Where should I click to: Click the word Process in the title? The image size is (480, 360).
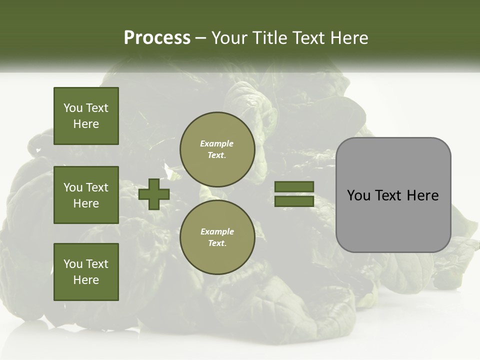point(157,38)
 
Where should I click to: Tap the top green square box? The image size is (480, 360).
point(86,116)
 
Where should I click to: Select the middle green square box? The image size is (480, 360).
point(86,195)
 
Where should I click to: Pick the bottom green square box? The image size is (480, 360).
point(86,272)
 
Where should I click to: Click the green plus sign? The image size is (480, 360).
point(154,194)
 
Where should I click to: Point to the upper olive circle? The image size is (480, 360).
point(217,149)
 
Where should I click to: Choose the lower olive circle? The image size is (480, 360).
point(217,237)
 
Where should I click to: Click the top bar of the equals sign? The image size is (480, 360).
point(294,186)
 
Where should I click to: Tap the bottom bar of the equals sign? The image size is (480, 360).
point(294,201)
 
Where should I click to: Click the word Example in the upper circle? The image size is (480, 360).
point(217,143)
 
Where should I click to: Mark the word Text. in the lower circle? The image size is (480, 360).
point(217,243)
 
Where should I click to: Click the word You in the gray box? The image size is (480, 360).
point(359,195)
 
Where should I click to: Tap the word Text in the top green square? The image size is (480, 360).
point(96,108)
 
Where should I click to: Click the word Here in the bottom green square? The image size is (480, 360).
point(86,280)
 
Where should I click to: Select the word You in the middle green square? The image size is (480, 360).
point(73,187)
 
